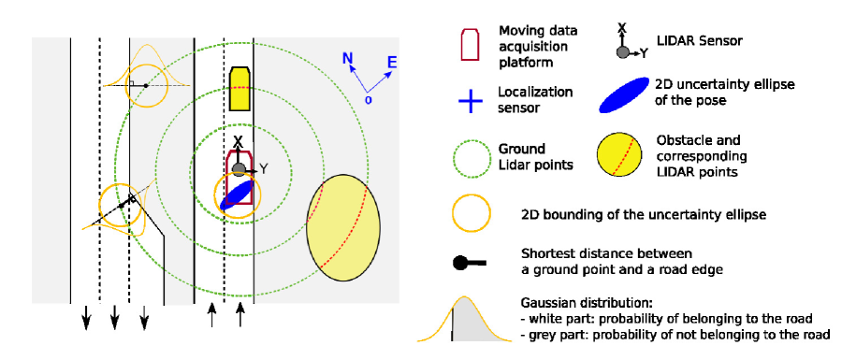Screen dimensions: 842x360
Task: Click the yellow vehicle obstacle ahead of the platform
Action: [x=240, y=89]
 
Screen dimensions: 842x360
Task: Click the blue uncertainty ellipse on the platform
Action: [x=237, y=194]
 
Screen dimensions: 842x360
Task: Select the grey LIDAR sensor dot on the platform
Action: [x=239, y=169]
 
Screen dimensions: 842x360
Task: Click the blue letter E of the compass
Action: [x=392, y=63]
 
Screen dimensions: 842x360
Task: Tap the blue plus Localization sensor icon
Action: [x=470, y=100]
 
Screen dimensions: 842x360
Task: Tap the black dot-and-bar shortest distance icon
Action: [x=470, y=263]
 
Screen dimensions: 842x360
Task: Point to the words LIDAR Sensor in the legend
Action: [x=699, y=41]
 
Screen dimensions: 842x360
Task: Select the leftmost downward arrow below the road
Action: [x=86, y=318]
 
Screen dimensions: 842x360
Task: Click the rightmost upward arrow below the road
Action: [x=240, y=314]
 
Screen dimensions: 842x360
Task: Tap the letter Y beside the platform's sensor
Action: [x=264, y=169]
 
